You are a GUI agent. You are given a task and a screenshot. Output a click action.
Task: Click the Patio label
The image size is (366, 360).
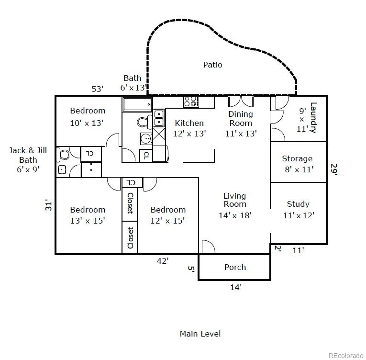212,65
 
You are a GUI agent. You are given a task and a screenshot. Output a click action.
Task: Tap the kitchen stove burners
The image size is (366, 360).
191,101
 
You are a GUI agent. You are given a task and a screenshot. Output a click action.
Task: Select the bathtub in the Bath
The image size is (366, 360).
137,104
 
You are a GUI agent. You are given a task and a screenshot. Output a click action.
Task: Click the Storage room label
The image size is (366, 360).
297,158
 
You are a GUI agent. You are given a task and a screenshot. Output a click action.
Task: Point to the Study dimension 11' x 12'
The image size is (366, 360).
299,215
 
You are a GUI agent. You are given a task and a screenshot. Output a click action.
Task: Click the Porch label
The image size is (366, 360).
235,267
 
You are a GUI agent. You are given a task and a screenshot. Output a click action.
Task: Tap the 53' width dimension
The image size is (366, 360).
97,89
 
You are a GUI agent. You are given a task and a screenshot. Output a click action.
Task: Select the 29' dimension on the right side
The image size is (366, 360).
334,169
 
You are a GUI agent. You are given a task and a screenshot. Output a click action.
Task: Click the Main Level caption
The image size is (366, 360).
200,334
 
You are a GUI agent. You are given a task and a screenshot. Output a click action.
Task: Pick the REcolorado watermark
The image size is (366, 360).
346,356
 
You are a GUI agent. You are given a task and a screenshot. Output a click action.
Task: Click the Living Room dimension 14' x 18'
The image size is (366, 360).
235,215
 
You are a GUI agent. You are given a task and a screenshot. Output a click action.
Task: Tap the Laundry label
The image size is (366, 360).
313,118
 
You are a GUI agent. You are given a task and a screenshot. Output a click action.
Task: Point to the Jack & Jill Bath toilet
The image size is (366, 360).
63,155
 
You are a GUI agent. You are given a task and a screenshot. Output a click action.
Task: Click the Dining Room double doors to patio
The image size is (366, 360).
241,101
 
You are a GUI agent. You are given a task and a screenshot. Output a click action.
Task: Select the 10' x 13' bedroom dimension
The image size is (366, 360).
87,123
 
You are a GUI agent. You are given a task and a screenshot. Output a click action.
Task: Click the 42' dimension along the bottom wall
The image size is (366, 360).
163,261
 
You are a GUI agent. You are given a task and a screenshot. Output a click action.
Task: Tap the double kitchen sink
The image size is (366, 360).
159,118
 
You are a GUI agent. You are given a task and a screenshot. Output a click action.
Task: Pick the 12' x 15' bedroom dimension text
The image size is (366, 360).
167,221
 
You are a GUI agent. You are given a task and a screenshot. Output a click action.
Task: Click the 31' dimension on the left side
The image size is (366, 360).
48,205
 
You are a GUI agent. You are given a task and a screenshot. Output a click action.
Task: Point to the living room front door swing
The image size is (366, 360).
208,247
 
